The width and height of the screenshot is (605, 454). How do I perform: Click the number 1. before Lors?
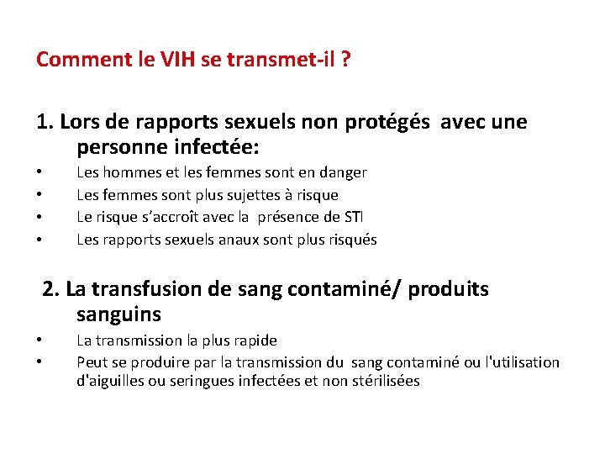pos(45,123)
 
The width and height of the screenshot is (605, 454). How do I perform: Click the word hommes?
pos(132,172)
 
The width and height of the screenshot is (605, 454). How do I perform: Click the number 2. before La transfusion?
pos(51,289)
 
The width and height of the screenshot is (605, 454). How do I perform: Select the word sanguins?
pos(118,315)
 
